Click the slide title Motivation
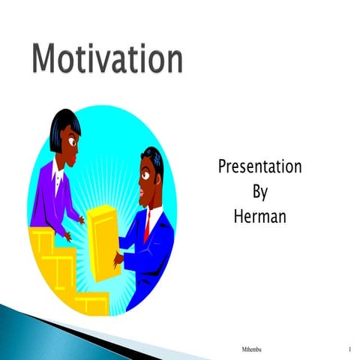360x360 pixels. [106, 58]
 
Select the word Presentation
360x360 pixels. [259, 166]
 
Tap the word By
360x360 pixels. [259, 192]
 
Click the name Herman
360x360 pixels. [259, 217]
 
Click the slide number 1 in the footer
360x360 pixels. [350, 350]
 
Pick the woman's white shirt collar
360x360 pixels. [58, 174]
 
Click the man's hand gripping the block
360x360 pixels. [118, 259]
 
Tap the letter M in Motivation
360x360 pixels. [46, 58]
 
